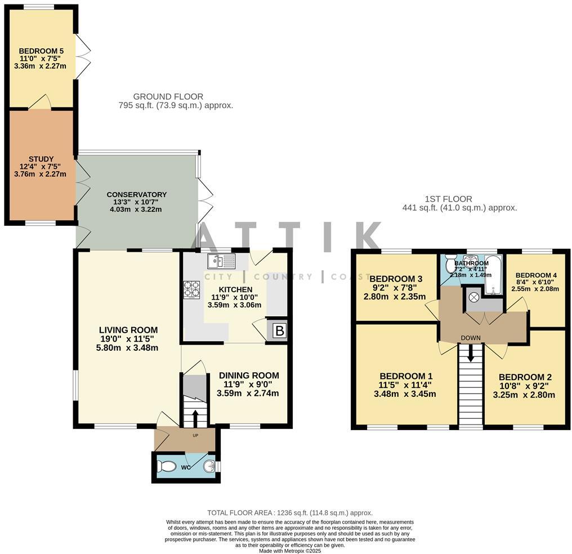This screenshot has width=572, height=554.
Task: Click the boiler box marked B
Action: coord(279,331)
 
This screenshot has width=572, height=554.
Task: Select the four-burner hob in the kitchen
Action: coord(191,289)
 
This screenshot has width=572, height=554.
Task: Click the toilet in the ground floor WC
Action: coord(167,467)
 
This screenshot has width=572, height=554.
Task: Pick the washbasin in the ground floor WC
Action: coord(209,466)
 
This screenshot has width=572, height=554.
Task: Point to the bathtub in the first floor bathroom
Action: coord(493,274)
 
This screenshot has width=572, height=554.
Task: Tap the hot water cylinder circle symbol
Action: coord(473,296)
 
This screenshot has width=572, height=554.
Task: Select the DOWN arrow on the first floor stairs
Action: coord(470,354)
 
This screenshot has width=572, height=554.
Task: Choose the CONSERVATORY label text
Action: coord(136,195)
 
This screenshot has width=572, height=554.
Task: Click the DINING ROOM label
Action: coord(249,376)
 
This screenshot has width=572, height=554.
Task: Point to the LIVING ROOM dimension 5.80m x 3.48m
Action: coord(128,347)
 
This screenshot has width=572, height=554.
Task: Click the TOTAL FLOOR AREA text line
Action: coord(290,512)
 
